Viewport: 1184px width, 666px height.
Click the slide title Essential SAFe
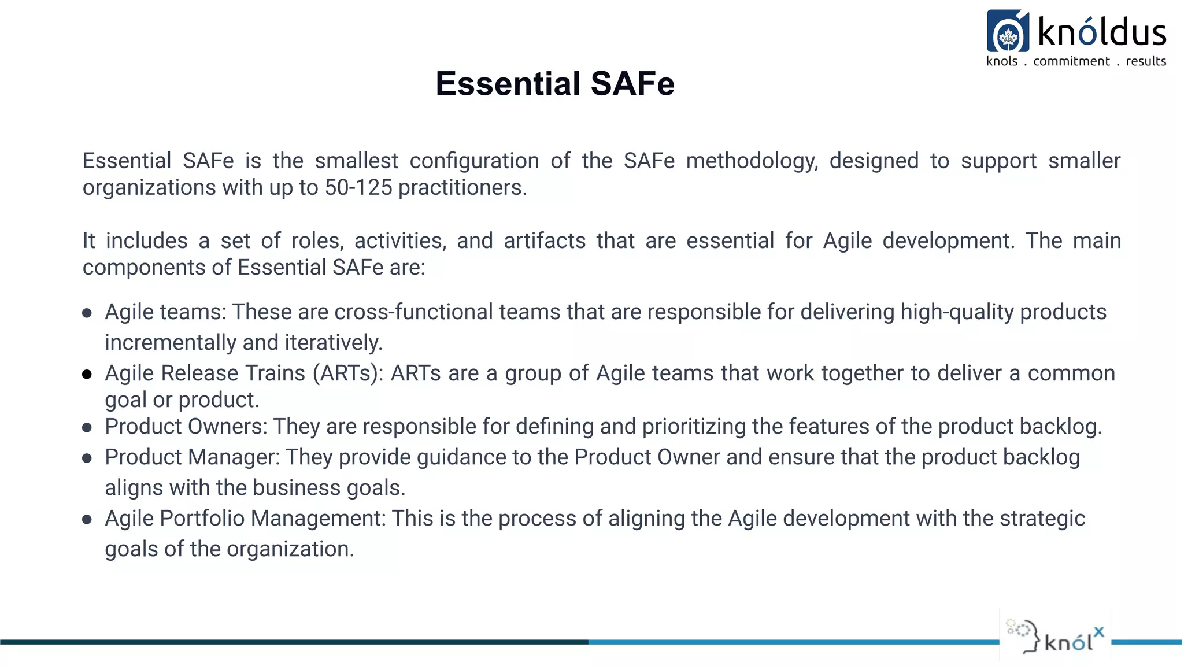tap(555, 84)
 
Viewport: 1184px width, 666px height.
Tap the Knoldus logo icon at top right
tap(1008, 32)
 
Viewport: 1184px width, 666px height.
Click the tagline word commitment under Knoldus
tap(1071, 61)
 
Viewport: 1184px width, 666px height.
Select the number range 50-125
tap(358, 188)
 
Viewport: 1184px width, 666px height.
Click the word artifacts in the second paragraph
tap(545, 241)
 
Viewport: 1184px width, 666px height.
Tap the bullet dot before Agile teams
tap(87, 313)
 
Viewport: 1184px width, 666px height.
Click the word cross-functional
tap(413, 312)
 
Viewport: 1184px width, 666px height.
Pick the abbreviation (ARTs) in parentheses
tap(348, 373)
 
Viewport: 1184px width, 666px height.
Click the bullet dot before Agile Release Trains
tap(87, 375)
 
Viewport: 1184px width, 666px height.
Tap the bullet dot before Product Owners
tap(87, 428)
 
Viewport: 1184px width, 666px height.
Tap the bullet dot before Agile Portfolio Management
tap(87, 520)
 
